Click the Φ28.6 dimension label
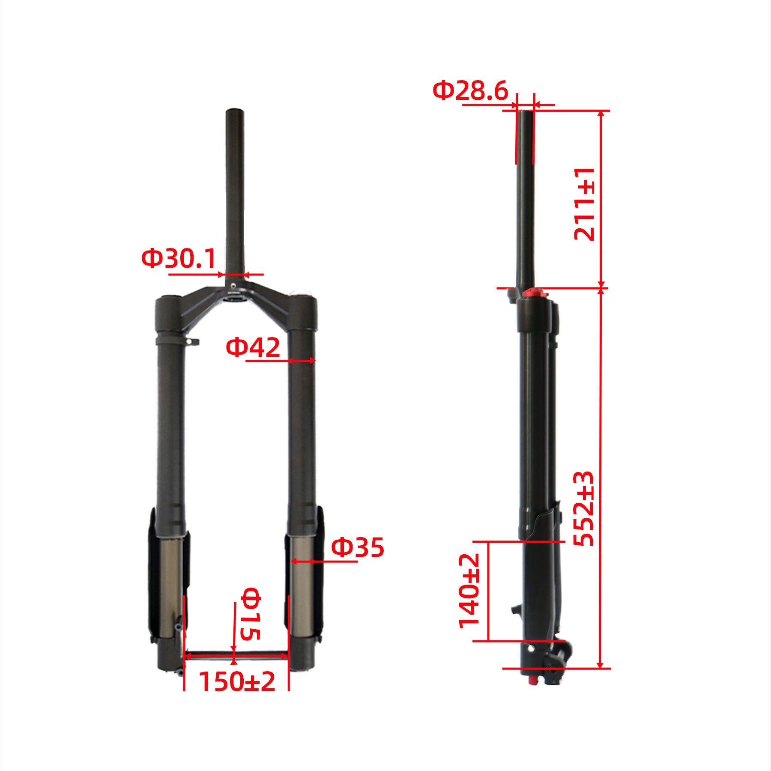(470, 91)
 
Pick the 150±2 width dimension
(237, 681)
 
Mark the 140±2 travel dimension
(469, 591)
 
